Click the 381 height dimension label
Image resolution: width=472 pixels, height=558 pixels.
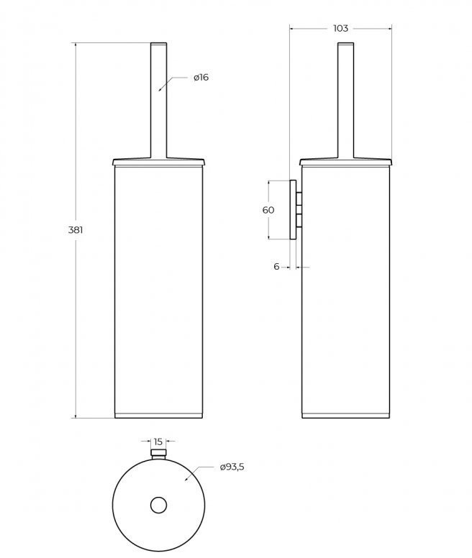click(76, 230)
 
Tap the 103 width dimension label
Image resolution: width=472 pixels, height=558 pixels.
click(340, 29)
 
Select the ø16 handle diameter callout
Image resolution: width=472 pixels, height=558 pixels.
click(201, 77)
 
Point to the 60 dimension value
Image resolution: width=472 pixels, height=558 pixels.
click(268, 210)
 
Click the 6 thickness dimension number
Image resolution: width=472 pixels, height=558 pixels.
click(276, 266)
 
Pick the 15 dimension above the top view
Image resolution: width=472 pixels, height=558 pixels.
click(158, 442)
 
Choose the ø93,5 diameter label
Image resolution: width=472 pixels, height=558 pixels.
click(232, 467)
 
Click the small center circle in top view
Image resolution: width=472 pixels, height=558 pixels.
click(158, 505)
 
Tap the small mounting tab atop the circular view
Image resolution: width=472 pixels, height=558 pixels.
click(158, 453)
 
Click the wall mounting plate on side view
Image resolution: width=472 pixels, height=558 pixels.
click(293, 210)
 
